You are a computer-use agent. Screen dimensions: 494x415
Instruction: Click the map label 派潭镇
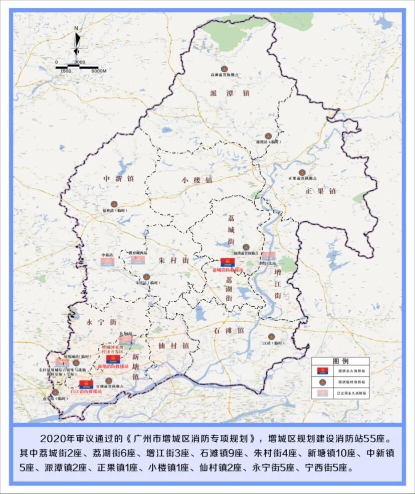pos(230,93)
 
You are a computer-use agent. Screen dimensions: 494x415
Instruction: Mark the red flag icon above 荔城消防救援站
pos(228,263)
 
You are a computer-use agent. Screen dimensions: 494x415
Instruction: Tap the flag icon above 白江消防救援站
pos(86,384)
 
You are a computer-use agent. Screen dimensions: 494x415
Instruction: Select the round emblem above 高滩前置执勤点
pos(224,69)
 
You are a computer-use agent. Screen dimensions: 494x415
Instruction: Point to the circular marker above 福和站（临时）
pos(114,204)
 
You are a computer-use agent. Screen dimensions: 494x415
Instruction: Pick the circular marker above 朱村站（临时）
pos(146,277)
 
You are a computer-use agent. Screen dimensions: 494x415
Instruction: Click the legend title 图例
pos(341,361)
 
